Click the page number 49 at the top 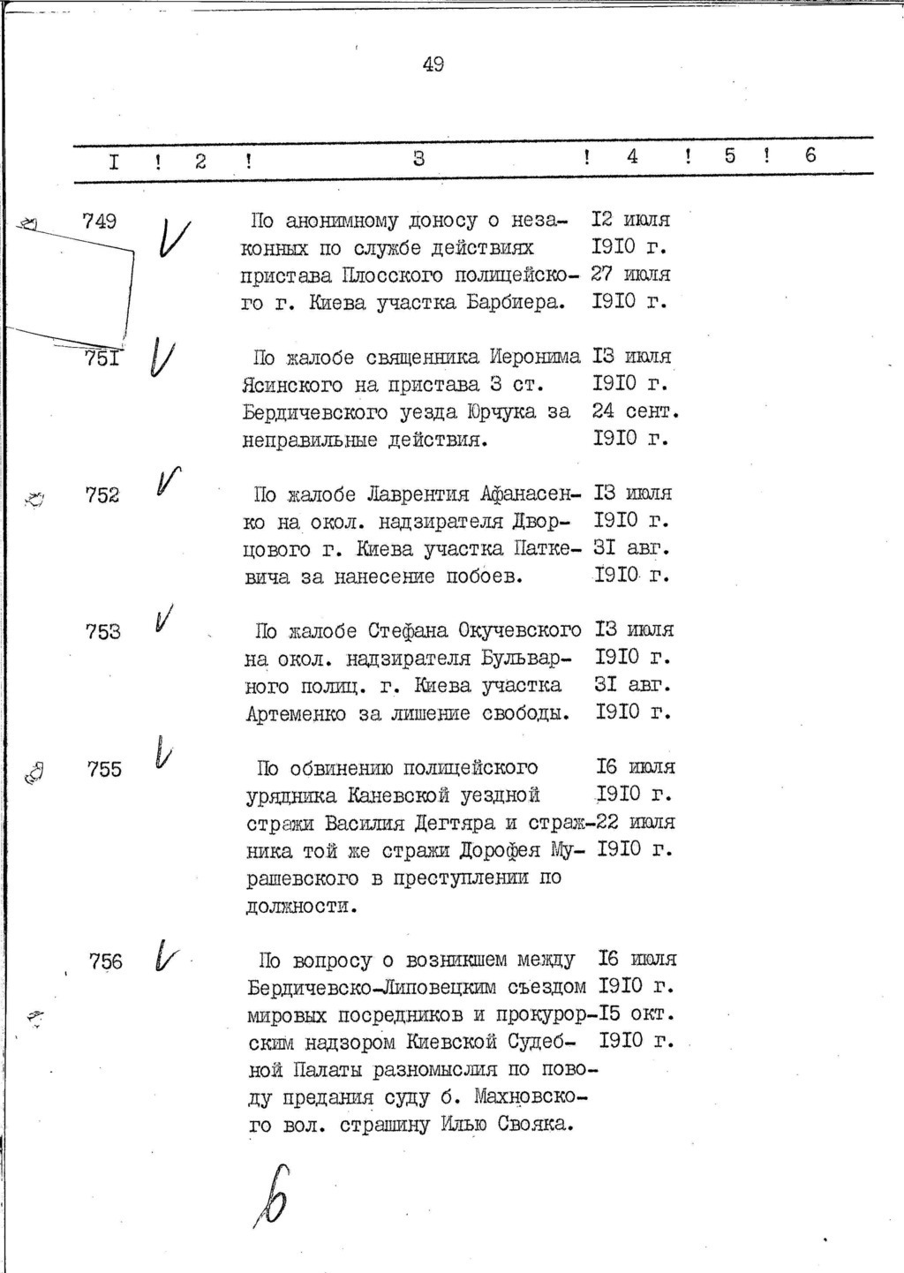click(433, 64)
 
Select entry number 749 click(99, 222)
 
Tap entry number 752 click(102, 495)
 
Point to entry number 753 click(103, 632)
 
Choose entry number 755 click(104, 770)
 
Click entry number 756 click(106, 962)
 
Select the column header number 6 click(810, 156)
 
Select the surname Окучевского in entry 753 click(520, 631)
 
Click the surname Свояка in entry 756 click(536, 1125)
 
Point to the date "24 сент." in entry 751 click(634, 411)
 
